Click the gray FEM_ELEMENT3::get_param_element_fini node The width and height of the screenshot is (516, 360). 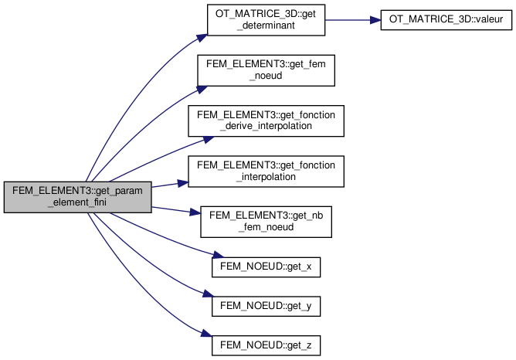tap(76, 198)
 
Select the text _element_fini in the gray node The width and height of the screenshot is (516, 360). tap(76, 204)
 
